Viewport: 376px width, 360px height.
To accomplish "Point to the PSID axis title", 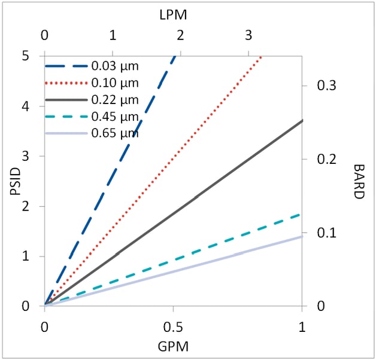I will coord(16,181).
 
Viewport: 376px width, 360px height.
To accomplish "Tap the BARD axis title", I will coord(359,181).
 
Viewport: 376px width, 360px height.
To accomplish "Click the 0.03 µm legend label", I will coord(115,65).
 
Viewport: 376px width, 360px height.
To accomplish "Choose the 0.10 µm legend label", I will coord(115,82).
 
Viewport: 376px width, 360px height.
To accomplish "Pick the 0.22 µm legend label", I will coord(115,99).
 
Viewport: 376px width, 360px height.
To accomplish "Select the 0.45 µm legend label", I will coord(115,115).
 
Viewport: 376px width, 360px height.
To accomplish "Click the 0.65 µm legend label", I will coord(115,132).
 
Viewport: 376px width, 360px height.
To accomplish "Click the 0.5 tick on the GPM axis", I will coord(173,327).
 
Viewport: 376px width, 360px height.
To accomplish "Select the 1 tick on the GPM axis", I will coord(302,327).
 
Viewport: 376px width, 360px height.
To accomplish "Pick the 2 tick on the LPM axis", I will coord(181,35).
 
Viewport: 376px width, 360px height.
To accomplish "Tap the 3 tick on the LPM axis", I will coord(248,35).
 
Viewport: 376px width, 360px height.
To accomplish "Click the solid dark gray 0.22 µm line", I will coord(198,195).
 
